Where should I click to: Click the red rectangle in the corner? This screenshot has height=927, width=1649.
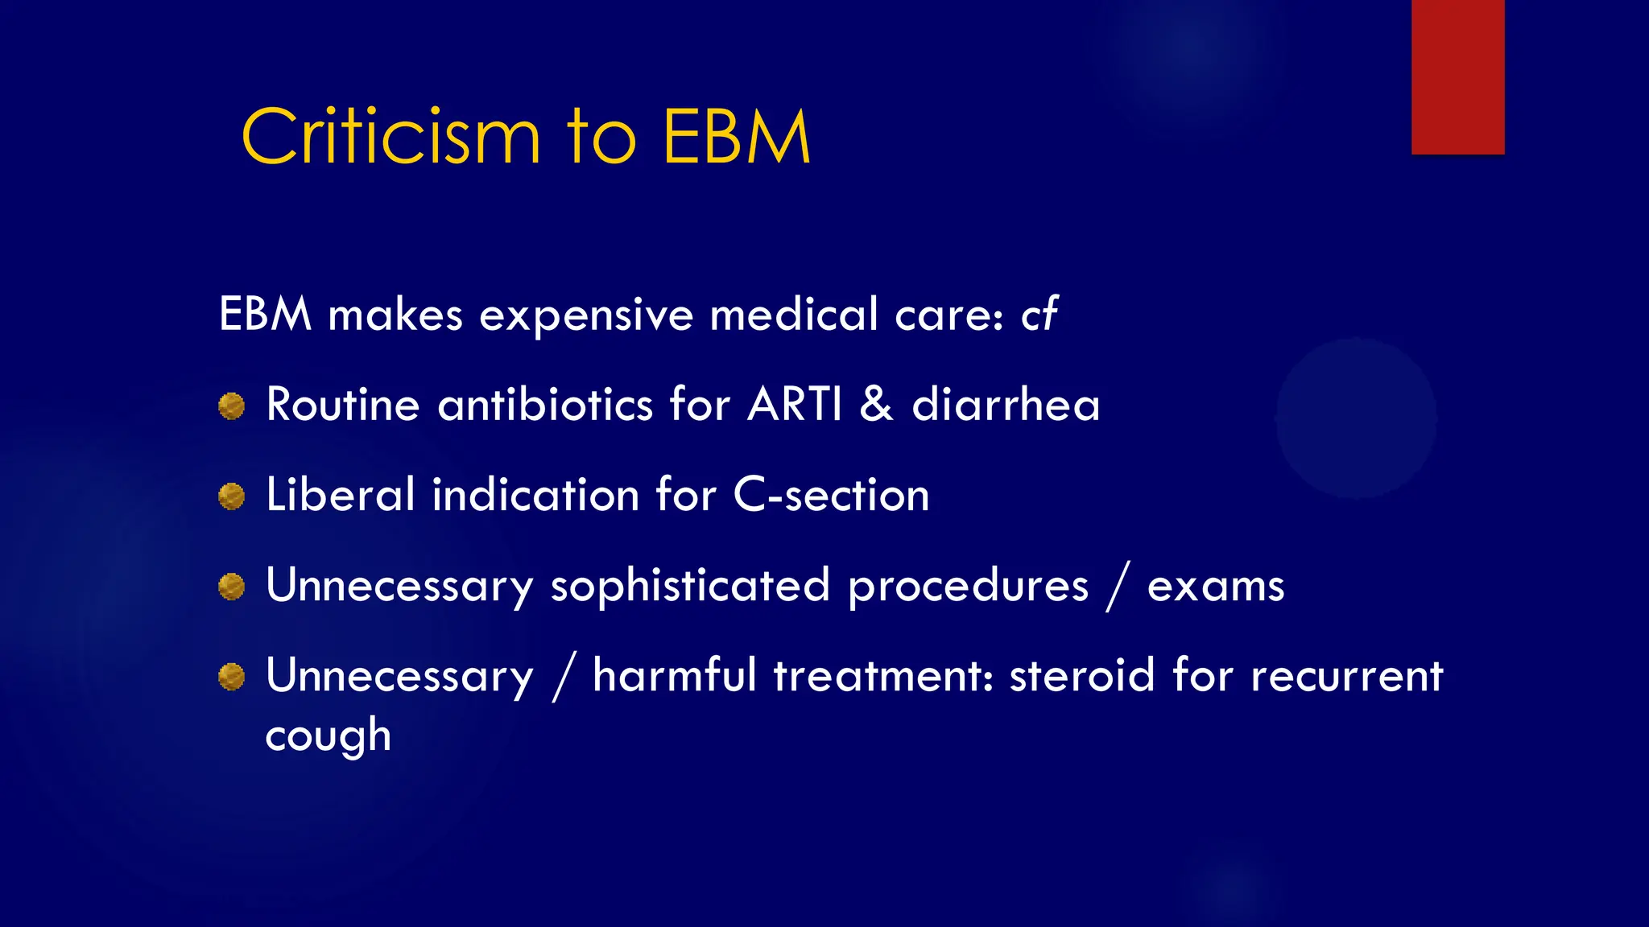click(x=1457, y=76)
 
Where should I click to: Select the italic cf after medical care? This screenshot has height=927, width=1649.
click(x=1039, y=314)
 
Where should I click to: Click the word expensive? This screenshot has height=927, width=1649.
click(x=585, y=315)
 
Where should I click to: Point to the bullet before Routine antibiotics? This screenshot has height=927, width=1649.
click(x=231, y=406)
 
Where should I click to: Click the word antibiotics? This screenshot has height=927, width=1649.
click(x=544, y=404)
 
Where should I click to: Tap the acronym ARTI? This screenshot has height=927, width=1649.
click(x=795, y=404)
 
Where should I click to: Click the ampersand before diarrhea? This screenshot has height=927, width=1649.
click(x=876, y=404)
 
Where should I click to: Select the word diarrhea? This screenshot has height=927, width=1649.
click(x=1006, y=404)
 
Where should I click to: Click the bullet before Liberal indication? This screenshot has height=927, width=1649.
click(x=231, y=496)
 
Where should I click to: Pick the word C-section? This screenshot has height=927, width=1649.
click(x=831, y=495)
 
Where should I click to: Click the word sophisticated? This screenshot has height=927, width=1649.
click(x=690, y=586)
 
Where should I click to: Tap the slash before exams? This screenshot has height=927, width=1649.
click(x=1118, y=586)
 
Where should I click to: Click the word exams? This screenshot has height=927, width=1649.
click(x=1215, y=586)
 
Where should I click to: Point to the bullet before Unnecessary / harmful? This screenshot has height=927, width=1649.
click(x=231, y=677)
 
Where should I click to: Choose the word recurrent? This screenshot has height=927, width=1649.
click(x=1346, y=675)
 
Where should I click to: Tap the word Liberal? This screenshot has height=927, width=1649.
click(x=340, y=495)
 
